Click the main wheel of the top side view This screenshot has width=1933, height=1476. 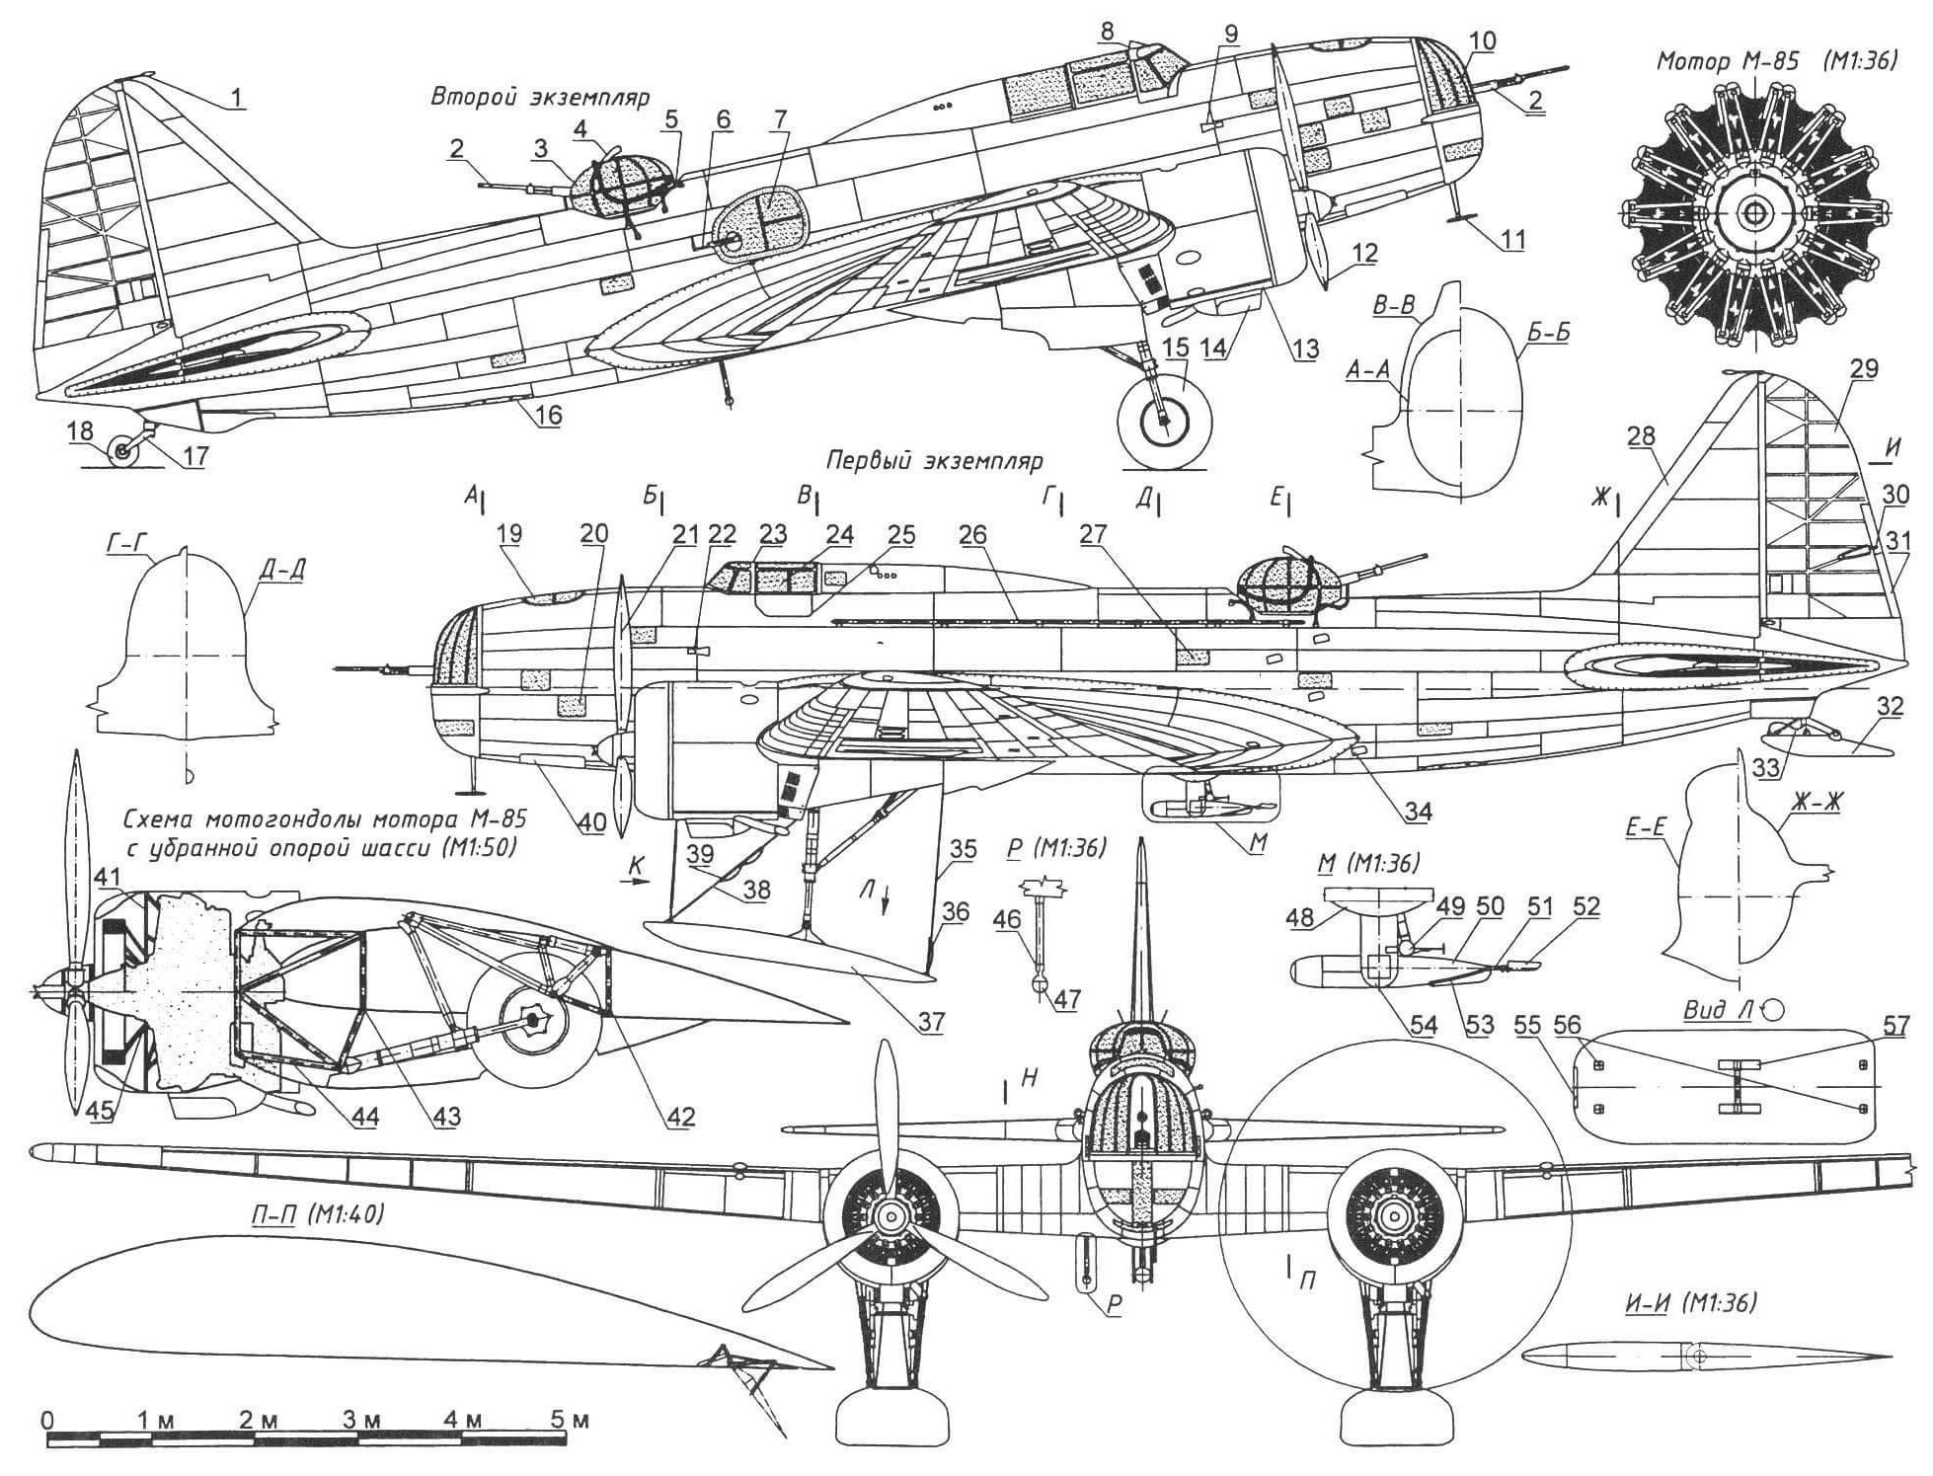pos(1165,420)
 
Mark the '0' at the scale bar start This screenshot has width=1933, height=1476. pos(47,1421)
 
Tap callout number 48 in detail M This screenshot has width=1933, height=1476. pos(1300,917)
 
